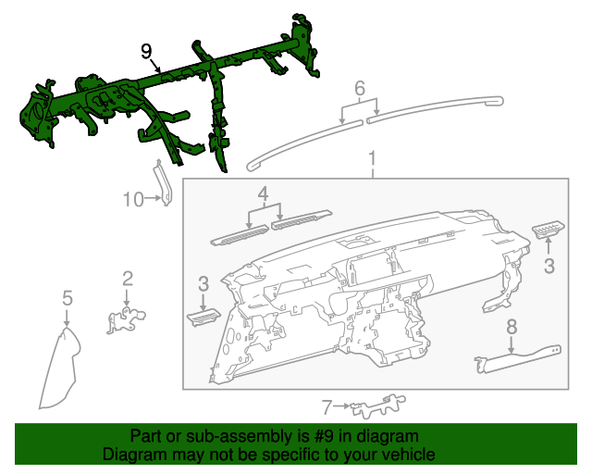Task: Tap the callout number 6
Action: tap(360, 89)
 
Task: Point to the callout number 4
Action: tap(263, 194)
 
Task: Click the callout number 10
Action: tap(132, 198)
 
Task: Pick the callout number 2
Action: tap(128, 278)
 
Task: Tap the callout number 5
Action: tap(67, 297)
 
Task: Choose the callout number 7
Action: tap(327, 405)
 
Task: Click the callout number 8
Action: tap(512, 327)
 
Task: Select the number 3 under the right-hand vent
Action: tap(549, 267)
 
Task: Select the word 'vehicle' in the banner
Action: tap(408, 455)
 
